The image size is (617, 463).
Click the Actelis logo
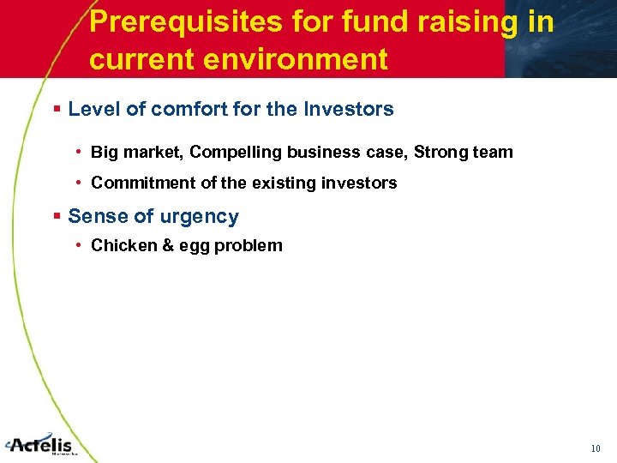point(41,444)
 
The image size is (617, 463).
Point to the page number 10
point(596,448)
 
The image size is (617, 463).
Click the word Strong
point(440,153)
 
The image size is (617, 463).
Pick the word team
point(492,153)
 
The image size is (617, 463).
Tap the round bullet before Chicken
point(79,246)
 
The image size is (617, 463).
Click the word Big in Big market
point(105,153)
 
